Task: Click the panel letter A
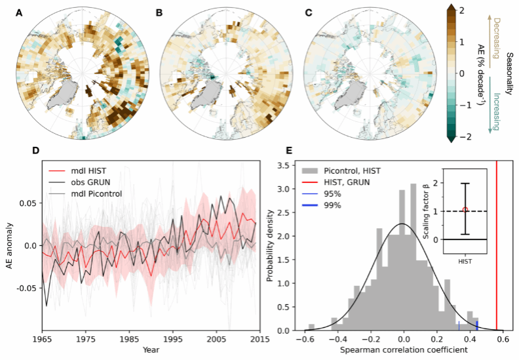[19, 12]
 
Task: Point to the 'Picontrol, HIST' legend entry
[354, 171]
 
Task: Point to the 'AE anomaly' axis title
[9, 246]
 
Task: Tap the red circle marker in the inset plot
[465, 210]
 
